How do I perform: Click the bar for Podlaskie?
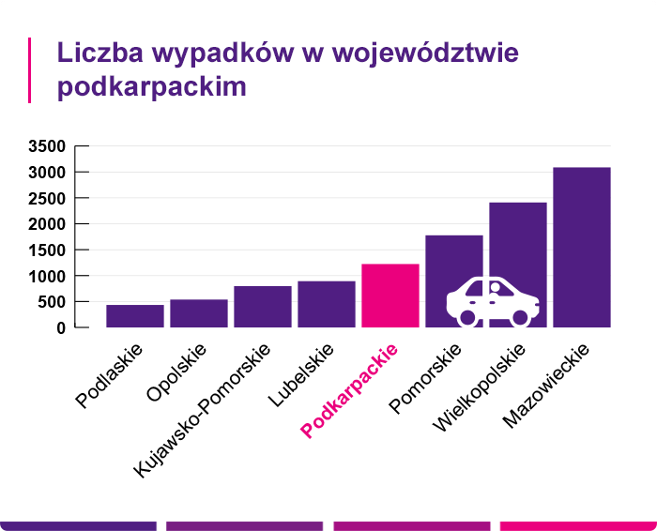click(135, 316)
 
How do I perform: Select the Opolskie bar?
click(199, 313)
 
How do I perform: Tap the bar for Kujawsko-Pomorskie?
click(263, 307)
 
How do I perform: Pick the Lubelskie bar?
click(327, 304)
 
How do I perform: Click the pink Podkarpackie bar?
click(390, 296)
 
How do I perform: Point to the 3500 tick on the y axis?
click(47, 146)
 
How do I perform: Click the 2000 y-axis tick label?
click(47, 224)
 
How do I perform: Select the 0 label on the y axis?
click(60, 328)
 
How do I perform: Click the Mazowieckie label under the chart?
click(546, 386)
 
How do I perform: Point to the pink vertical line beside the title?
click(30, 70)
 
